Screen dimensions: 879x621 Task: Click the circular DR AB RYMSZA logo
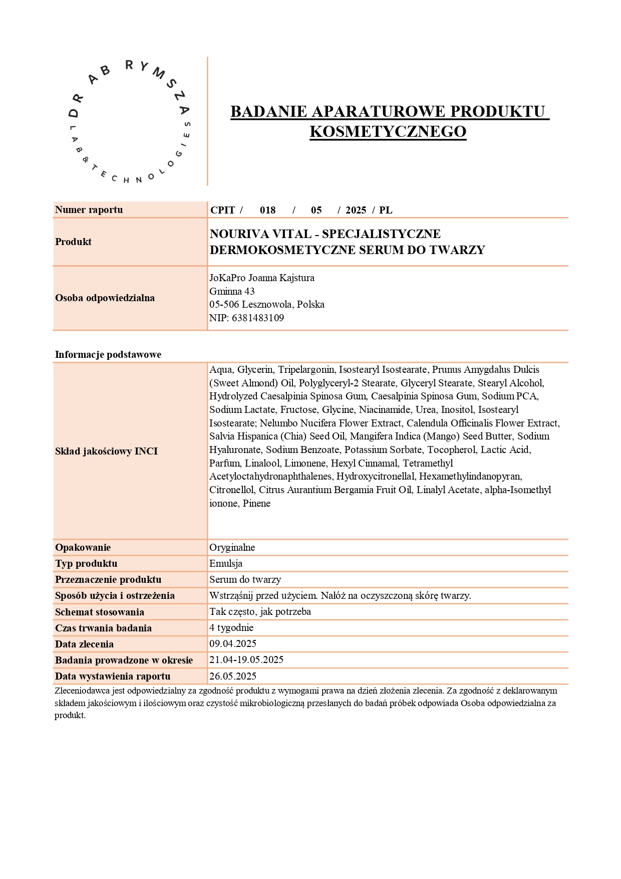tap(129, 122)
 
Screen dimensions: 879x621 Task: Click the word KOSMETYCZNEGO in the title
tap(388, 131)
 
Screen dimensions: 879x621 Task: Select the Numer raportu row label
tap(89, 209)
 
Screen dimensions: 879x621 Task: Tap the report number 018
tap(267, 210)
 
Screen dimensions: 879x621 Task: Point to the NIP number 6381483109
tap(257, 318)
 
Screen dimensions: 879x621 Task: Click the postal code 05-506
tap(224, 304)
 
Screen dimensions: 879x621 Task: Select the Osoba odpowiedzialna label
tap(105, 298)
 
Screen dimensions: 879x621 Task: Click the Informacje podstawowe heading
tap(108, 354)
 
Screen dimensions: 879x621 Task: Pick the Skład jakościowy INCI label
tap(106, 451)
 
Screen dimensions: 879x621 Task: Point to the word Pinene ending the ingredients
tap(256, 503)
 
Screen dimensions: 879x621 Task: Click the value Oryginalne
tap(232, 547)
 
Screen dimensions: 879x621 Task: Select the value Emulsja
tap(225, 563)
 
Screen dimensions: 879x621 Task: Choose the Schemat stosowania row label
tap(99, 612)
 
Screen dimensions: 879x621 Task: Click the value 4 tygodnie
tap(231, 627)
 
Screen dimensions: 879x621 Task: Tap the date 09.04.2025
tap(232, 643)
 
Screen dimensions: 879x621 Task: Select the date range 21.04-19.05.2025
tap(246, 660)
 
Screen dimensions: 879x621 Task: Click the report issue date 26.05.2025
tap(232, 676)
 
